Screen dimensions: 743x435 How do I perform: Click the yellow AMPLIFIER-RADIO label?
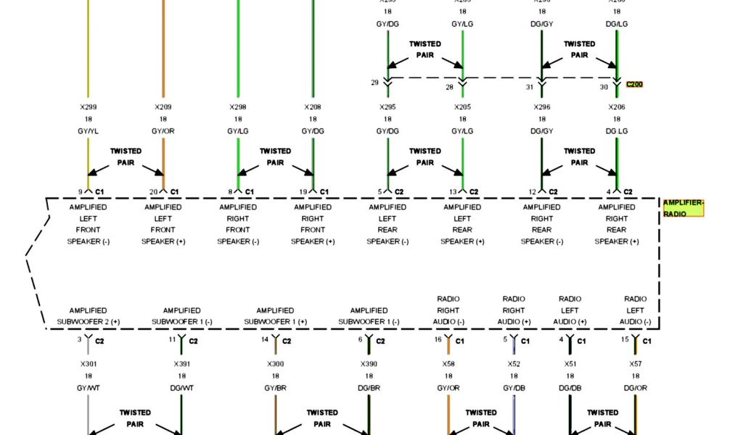[684, 209]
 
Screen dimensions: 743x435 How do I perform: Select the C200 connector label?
[634, 84]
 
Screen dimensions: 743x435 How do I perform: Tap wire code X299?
[89, 107]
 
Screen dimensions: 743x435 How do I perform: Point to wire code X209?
[163, 107]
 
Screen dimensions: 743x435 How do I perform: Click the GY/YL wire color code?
[89, 131]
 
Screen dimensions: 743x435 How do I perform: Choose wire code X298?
[238, 107]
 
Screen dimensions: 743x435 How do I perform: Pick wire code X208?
[313, 107]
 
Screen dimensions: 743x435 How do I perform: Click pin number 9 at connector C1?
[81, 192]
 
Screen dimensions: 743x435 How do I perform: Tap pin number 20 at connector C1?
[153, 192]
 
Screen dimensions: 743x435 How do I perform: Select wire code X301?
[89, 364]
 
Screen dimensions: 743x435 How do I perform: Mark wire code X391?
[181, 364]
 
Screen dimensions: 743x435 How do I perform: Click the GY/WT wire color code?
[89, 389]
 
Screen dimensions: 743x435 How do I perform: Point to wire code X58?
[448, 364]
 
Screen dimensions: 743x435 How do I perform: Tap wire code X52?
[514, 364]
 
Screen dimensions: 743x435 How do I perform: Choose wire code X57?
[636, 364]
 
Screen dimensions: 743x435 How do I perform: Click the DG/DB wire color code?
[570, 389]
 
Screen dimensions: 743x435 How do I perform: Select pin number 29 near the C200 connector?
[374, 83]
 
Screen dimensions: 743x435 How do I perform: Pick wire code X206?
[617, 107]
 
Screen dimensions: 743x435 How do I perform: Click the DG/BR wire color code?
[369, 389]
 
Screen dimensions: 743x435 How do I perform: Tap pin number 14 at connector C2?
[265, 339]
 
